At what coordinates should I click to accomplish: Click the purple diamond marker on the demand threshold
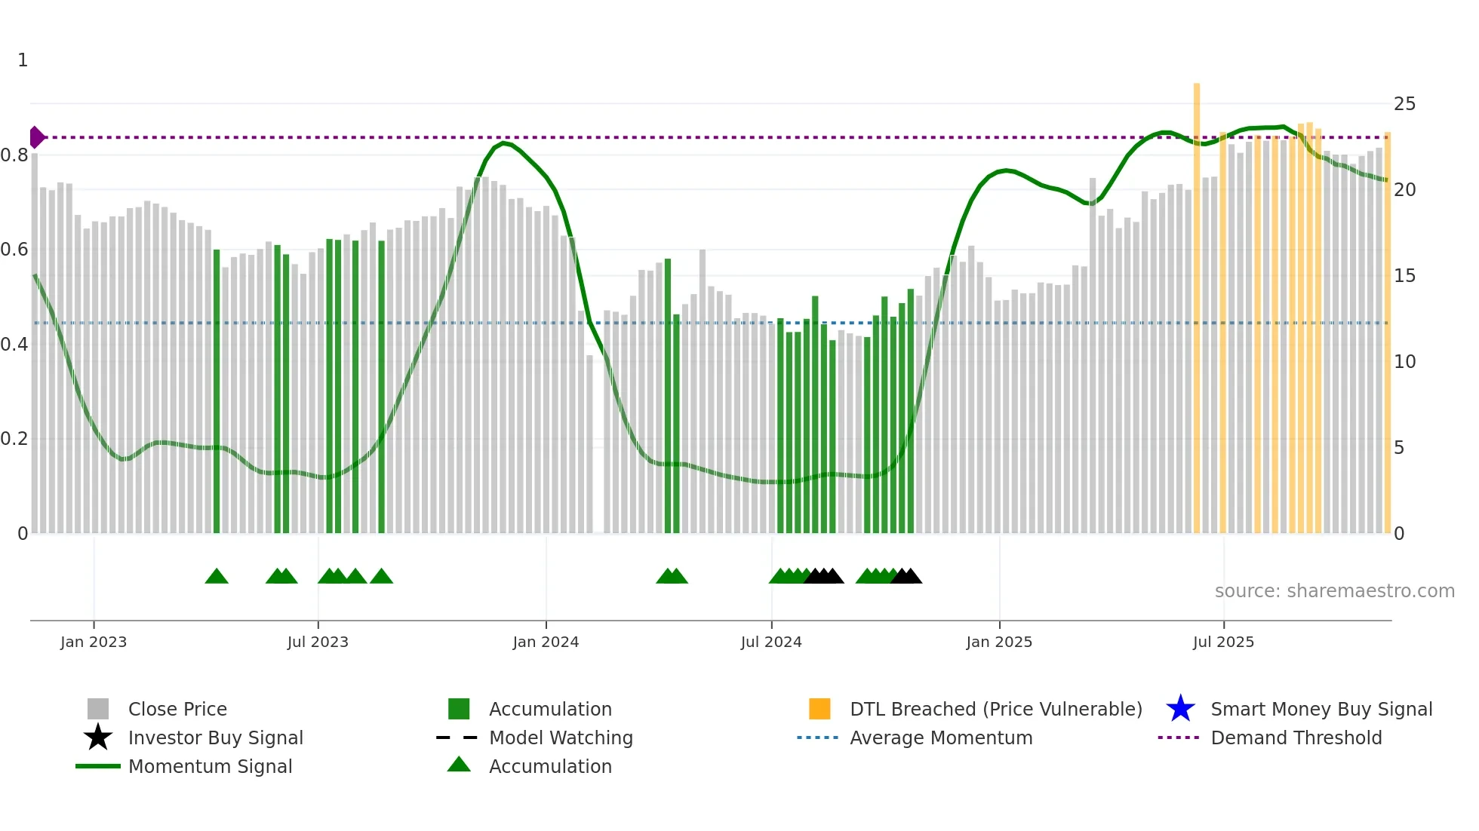(x=36, y=137)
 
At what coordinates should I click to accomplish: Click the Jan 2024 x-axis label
(x=546, y=642)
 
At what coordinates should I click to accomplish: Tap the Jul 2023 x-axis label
(x=318, y=642)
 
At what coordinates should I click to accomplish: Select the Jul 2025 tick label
(x=1223, y=642)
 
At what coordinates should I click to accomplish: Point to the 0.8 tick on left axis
(x=15, y=155)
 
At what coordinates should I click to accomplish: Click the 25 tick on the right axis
(x=1404, y=104)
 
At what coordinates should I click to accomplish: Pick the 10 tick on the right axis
(x=1404, y=362)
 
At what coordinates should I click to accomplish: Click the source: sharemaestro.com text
(x=1334, y=591)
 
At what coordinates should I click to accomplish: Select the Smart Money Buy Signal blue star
(x=1180, y=709)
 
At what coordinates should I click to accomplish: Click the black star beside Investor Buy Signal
(x=98, y=737)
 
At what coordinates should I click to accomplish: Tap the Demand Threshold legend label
(x=1296, y=737)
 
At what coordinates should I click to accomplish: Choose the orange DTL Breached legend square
(x=819, y=709)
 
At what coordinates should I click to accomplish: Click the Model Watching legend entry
(x=560, y=737)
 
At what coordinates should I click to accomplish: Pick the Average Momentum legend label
(x=940, y=737)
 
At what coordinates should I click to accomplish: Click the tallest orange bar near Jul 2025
(x=1197, y=302)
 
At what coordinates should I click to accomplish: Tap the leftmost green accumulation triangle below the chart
(x=217, y=577)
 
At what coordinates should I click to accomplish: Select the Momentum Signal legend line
(x=98, y=766)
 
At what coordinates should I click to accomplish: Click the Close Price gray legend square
(x=98, y=709)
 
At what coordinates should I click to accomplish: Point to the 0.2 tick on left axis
(x=15, y=439)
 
